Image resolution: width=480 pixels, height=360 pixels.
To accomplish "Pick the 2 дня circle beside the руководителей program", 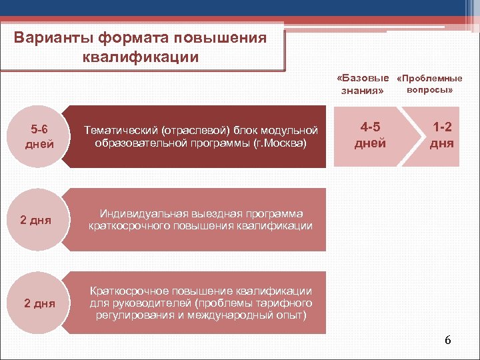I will pyautogui.click(x=39, y=303).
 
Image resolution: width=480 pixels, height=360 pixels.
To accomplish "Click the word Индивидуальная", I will pyautogui.click(x=139, y=213).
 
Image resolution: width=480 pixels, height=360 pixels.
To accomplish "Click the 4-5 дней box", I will pyautogui.click(x=370, y=136).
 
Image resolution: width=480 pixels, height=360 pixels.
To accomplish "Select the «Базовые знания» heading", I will pyautogui.click(x=363, y=84).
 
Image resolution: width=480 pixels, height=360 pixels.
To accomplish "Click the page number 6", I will pyautogui.click(x=447, y=340).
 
